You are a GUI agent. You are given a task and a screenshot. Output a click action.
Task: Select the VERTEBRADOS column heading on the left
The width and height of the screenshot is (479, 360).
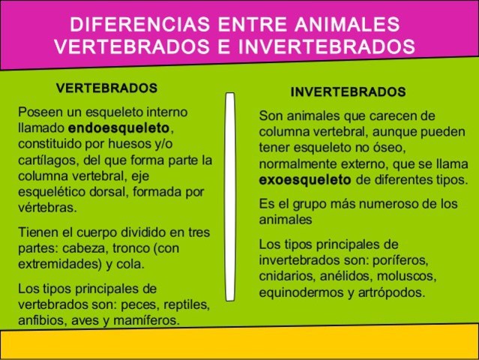107,88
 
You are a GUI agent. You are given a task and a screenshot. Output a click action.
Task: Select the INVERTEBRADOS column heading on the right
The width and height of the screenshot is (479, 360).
348,92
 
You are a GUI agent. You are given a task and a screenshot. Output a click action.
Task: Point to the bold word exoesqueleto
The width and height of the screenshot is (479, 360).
304,180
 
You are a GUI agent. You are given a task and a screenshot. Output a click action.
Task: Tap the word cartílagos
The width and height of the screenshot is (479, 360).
46,160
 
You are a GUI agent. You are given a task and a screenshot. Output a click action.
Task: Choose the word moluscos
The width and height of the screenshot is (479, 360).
406,277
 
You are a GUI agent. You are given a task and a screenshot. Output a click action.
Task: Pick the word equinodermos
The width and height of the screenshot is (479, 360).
299,292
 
